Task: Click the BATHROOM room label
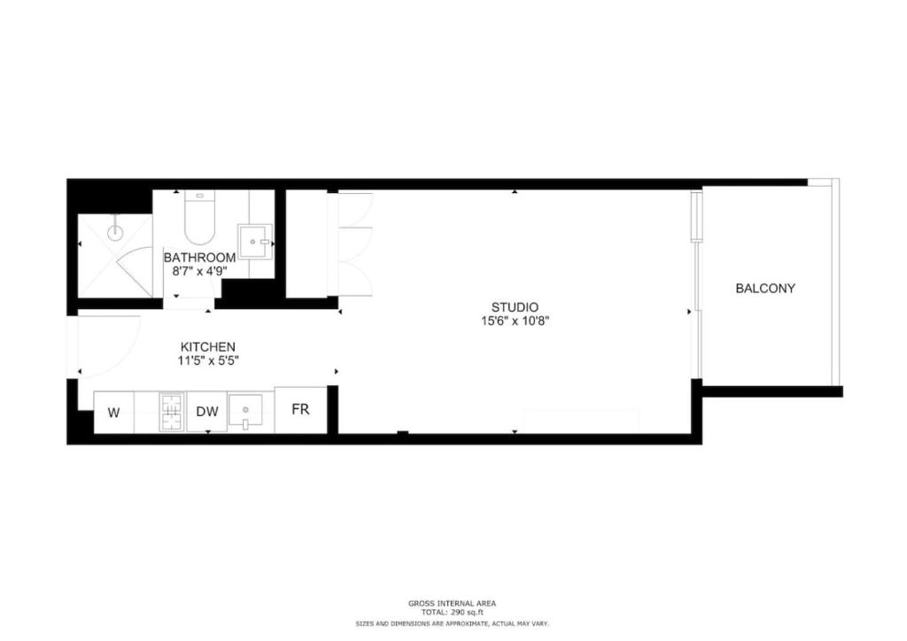coord(199,258)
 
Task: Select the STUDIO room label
coord(516,307)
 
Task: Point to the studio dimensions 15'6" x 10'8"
coord(516,321)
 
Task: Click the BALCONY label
coord(765,288)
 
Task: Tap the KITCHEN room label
coord(208,346)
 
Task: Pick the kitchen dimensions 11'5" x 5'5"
coord(208,360)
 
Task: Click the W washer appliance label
coord(113,412)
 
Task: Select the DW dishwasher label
coord(206,412)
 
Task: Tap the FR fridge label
coord(300,410)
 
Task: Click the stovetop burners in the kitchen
coord(171,411)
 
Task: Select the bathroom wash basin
coord(254,239)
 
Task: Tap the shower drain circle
coord(114,234)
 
